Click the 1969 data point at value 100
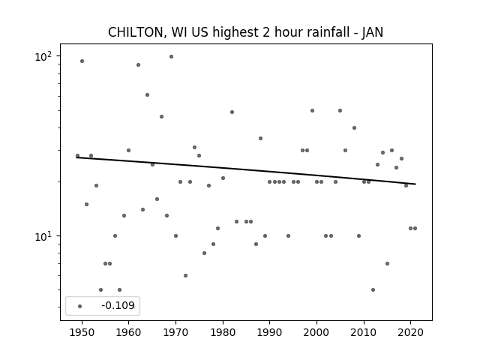pyautogui.click(x=172, y=57)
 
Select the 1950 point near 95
pyautogui.click(x=82, y=61)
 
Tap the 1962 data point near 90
pyautogui.click(x=138, y=65)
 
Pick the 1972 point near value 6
pyautogui.click(x=185, y=275)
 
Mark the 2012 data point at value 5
pyautogui.click(x=373, y=290)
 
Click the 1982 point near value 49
pyautogui.click(x=232, y=112)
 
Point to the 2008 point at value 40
pyautogui.click(x=354, y=128)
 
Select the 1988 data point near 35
pyautogui.click(x=260, y=138)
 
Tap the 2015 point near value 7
pyautogui.click(x=387, y=263)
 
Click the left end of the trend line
pyautogui.click(x=76, y=157)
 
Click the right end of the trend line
pyautogui.click(x=415, y=184)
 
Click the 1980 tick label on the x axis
pyautogui.click(x=223, y=332)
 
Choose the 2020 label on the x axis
pyautogui.click(x=410, y=332)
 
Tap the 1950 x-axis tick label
pyautogui.click(x=82, y=332)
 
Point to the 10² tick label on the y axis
pyautogui.click(x=43, y=56)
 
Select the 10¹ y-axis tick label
pyautogui.click(x=43, y=236)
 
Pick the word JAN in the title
pyautogui.click(x=372, y=32)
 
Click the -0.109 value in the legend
pyautogui.click(x=118, y=305)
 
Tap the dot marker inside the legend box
pyautogui.click(x=80, y=306)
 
